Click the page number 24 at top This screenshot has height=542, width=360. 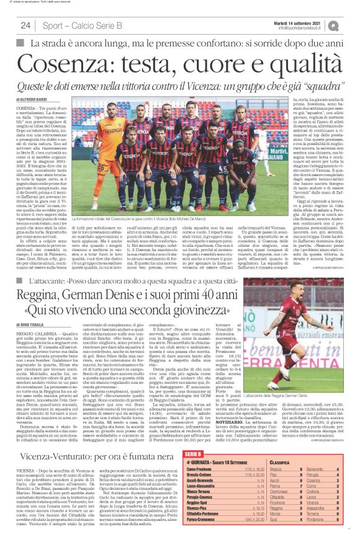pyautogui.click(x=25, y=25)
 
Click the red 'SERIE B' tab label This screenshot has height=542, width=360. pyautogui.click(x=194, y=472)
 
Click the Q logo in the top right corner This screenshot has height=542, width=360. pyautogui.click(x=351, y=25)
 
